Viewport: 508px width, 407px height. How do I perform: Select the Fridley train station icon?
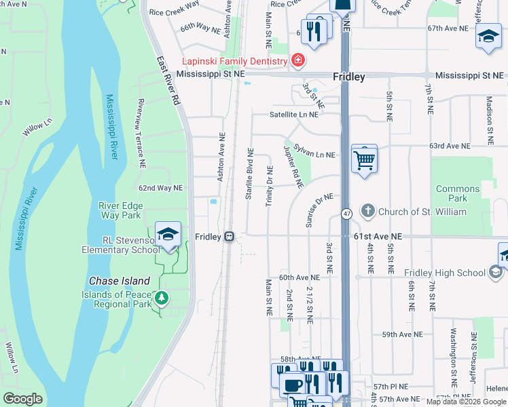pos(230,237)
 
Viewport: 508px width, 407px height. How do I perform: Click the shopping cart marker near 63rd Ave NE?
pos(365,161)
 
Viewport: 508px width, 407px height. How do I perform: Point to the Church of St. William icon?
pos(368,212)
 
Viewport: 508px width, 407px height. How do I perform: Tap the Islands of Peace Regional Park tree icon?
pos(161,298)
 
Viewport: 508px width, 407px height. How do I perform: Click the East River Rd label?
pos(166,79)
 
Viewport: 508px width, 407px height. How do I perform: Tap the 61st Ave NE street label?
pos(378,237)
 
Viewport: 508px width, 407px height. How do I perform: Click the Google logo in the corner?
pos(22,399)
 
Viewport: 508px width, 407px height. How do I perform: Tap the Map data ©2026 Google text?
pos(466,402)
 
